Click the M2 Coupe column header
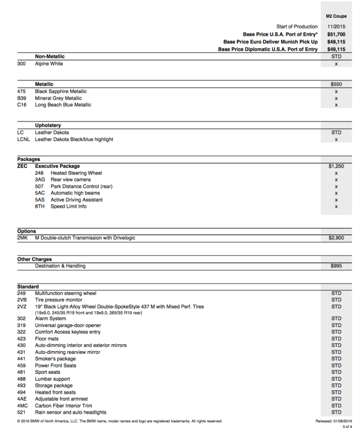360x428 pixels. click(x=336, y=17)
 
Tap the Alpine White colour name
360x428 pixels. click(x=49, y=64)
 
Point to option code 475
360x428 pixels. click(x=22, y=91)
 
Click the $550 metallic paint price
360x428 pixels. click(x=336, y=84)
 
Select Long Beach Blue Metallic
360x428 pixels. click(x=63, y=105)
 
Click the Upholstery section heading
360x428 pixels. click(x=48, y=125)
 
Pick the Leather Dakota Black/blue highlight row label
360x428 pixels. click(x=74, y=139)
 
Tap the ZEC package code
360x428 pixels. click(x=22, y=166)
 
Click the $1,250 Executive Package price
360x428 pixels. click(x=336, y=166)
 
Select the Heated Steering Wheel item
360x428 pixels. click(x=76, y=173)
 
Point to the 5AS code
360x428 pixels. click(x=39, y=200)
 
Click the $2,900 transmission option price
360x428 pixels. click(x=336, y=238)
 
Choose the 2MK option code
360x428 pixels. click(x=23, y=238)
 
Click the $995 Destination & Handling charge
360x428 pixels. click(x=336, y=266)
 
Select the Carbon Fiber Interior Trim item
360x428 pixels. click(x=71, y=405)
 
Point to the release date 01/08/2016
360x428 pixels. click(x=340, y=421)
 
